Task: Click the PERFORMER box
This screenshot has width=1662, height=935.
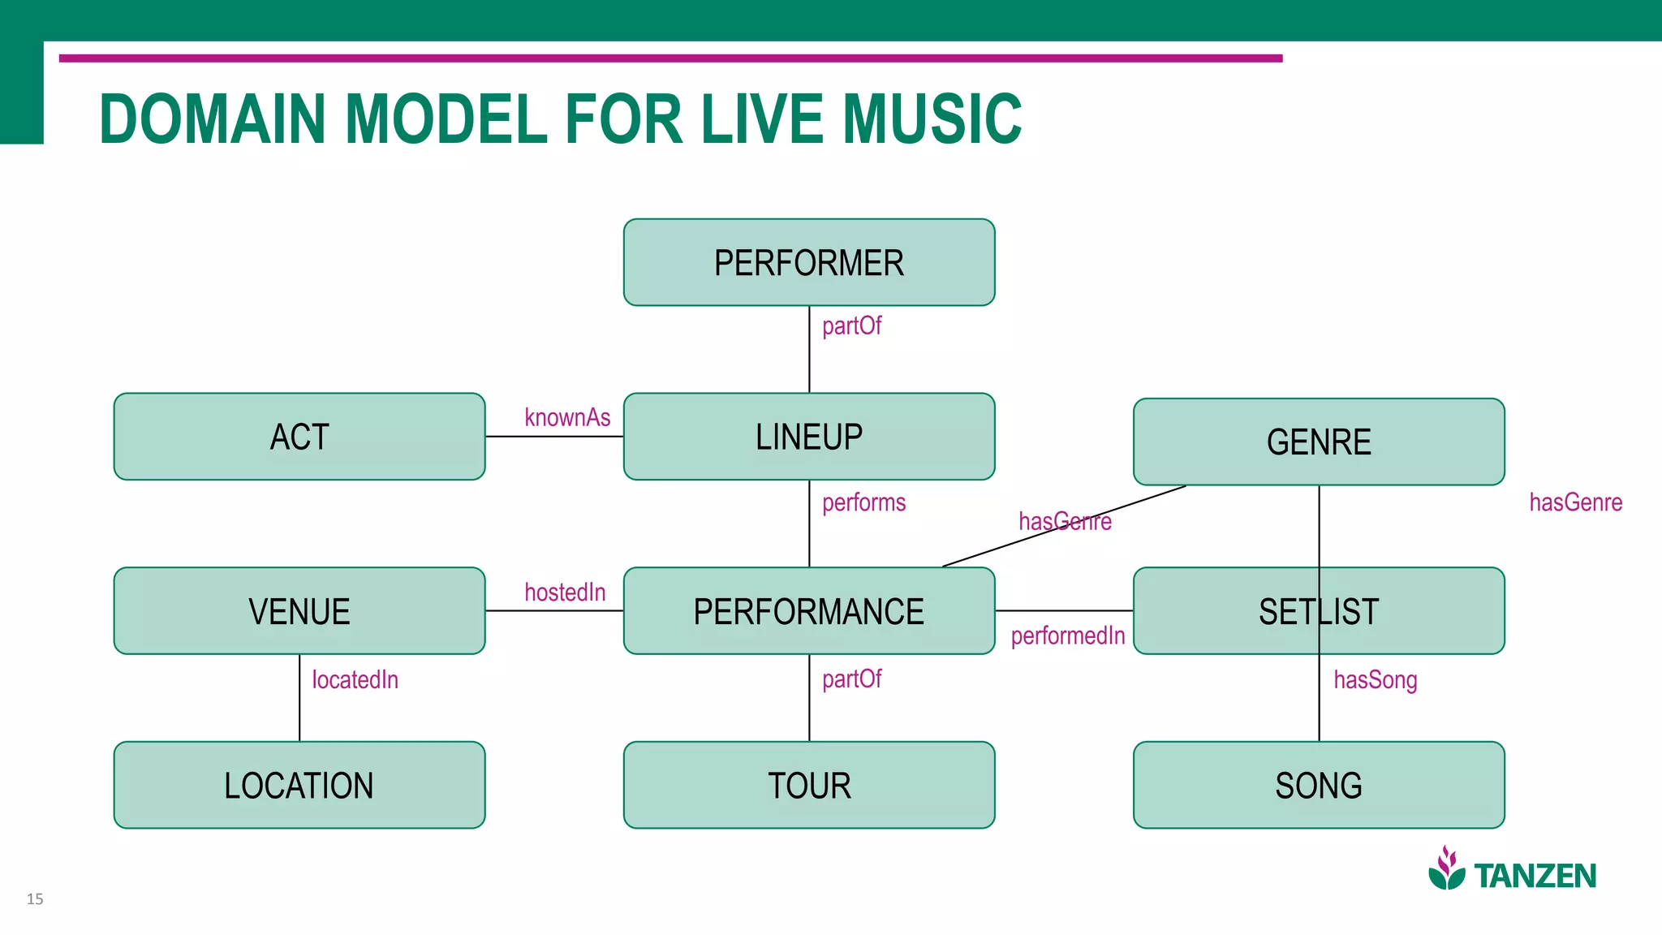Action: pyautogui.click(x=808, y=263)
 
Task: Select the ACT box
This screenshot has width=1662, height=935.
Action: pyautogui.click(x=299, y=437)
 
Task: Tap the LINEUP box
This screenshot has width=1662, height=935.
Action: pyautogui.click(x=808, y=437)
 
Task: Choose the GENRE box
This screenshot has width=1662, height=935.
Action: pyautogui.click(x=1318, y=442)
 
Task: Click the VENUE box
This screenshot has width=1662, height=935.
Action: pyautogui.click(x=299, y=611)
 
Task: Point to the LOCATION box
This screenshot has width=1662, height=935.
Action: pyautogui.click(x=299, y=785)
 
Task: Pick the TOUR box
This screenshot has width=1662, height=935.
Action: pyautogui.click(x=808, y=785)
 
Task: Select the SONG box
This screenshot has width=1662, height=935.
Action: pyautogui.click(x=1318, y=785)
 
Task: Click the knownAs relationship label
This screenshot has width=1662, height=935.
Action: pyautogui.click(x=566, y=417)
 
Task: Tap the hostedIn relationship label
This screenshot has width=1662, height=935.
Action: pyautogui.click(x=565, y=592)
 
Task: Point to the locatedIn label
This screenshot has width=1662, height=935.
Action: pyautogui.click(x=355, y=679)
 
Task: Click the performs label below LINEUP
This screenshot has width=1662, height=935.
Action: pyautogui.click(x=863, y=502)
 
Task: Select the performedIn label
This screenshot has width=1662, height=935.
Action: pyautogui.click(x=1067, y=636)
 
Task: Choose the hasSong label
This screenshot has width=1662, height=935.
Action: pyautogui.click(x=1375, y=679)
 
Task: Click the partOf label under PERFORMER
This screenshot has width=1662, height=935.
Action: pyautogui.click(x=851, y=325)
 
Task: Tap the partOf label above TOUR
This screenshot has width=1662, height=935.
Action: pyautogui.click(x=851, y=679)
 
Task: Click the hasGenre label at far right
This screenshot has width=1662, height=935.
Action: pyautogui.click(x=1575, y=502)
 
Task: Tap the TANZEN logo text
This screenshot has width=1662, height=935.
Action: pyautogui.click(x=1534, y=876)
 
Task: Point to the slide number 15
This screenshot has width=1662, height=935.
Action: pyautogui.click(x=35, y=898)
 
